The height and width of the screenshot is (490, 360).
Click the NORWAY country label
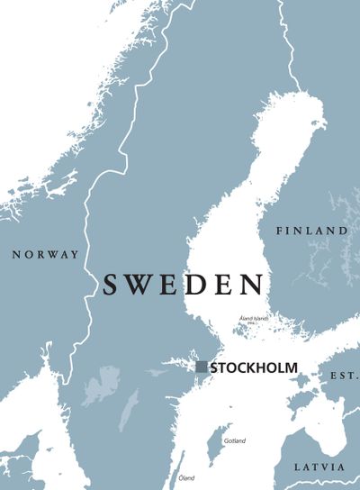tap(45, 255)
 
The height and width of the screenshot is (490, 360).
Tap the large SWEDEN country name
tap(183, 285)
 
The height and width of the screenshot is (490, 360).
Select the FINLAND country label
tap(311, 231)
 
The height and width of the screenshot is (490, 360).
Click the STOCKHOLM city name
tap(253, 367)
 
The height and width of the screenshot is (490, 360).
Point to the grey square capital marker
tap(202, 367)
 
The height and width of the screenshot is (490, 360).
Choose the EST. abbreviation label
tap(344, 374)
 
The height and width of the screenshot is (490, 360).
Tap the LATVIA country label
tap(319, 467)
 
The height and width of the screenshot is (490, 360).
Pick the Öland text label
tap(186, 477)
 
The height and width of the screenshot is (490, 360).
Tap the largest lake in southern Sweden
tap(101, 385)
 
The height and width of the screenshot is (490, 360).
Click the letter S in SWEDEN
tap(112, 285)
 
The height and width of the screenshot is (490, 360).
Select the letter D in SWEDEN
tap(195, 285)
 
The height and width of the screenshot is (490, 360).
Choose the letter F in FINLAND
tap(280, 231)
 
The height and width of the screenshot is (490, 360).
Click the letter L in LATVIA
tap(298, 467)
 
